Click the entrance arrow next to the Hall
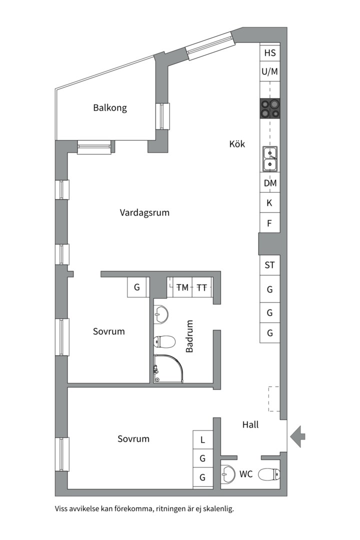click(x=298, y=435)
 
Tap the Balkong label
click(x=110, y=107)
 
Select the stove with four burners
click(x=269, y=108)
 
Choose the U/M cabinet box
click(x=270, y=71)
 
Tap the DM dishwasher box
click(x=270, y=183)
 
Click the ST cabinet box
click(x=270, y=265)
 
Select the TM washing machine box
click(x=182, y=287)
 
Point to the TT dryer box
click(x=202, y=287)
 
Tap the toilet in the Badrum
click(x=164, y=342)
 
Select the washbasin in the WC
click(x=229, y=473)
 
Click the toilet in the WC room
click(x=269, y=474)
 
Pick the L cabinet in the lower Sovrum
click(x=202, y=440)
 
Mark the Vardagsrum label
click(x=144, y=212)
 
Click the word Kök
click(x=237, y=144)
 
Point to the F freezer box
click(x=270, y=223)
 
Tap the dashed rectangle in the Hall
click(x=274, y=398)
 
